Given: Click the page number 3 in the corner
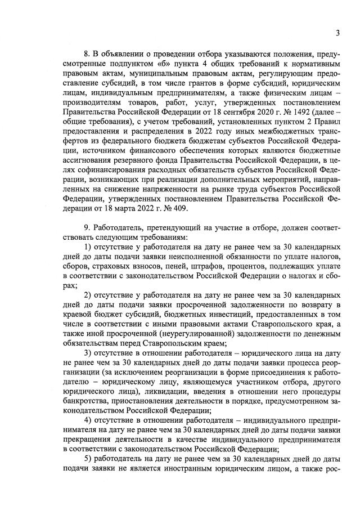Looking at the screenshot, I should pyautogui.click(x=337, y=33).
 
